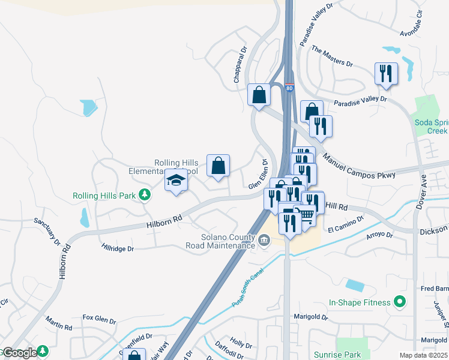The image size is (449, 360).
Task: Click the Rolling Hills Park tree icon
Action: (144, 195)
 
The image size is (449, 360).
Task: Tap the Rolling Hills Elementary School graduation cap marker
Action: (176, 181)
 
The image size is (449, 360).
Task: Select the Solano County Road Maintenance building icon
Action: (264, 241)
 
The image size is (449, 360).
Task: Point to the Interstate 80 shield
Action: (290, 88)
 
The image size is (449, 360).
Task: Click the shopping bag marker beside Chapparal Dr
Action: (259, 95)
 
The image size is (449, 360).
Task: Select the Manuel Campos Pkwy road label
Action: (359, 166)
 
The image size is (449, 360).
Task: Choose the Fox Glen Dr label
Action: (99, 318)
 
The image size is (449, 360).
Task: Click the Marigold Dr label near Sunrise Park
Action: (311, 316)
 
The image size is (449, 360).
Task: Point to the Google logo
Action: (20, 352)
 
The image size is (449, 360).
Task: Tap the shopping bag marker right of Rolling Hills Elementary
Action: (218, 166)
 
